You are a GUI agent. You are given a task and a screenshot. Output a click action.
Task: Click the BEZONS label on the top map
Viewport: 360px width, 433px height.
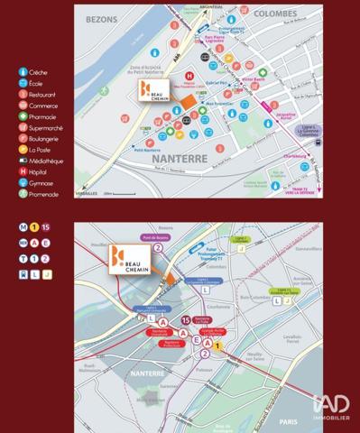(x=104, y=17)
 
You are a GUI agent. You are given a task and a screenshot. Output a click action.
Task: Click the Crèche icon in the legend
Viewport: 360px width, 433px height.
(x=23, y=70)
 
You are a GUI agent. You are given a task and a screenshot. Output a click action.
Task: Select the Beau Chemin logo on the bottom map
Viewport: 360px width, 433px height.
(x=127, y=259)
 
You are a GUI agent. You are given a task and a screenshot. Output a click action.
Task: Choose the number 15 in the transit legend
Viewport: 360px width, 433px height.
(x=47, y=227)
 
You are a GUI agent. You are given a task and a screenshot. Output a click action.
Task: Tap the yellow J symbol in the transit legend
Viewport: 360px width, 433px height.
(x=47, y=274)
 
